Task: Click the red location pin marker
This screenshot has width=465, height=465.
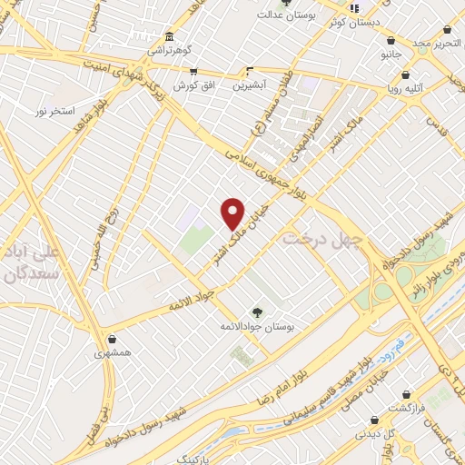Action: pyautogui.click(x=233, y=213)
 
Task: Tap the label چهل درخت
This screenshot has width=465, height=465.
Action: pyautogui.click(x=322, y=240)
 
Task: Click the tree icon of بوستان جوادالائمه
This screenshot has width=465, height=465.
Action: pyautogui.click(x=258, y=312)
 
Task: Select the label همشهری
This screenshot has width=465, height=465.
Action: pyautogui.click(x=112, y=351)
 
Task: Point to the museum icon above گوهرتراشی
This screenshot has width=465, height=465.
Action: pyautogui.click(x=169, y=37)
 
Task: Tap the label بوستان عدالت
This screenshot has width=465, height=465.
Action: pyautogui.click(x=285, y=15)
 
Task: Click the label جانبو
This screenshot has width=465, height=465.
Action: pyautogui.click(x=392, y=54)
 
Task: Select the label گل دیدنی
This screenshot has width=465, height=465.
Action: pyautogui.click(x=374, y=433)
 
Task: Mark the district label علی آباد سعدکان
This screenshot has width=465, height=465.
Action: pyautogui.click(x=31, y=262)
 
